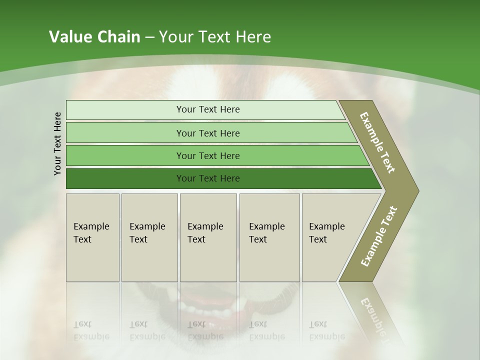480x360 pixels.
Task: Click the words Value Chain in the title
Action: pos(94,37)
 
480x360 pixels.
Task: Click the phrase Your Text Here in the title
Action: pos(215,37)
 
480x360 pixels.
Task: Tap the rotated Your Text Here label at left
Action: pos(58,143)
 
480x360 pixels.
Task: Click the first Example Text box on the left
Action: pos(92,237)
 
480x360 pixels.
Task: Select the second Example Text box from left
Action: pos(149,237)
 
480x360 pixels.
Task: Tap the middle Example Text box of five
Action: pos(208,237)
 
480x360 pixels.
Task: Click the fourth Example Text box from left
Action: pos(269,237)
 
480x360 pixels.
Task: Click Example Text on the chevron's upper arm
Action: pos(377,142)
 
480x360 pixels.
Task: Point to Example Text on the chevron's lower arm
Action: pos(379,236)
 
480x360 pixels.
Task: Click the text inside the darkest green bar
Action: pos(208,178)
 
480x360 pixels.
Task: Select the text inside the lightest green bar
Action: pos(208,109)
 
